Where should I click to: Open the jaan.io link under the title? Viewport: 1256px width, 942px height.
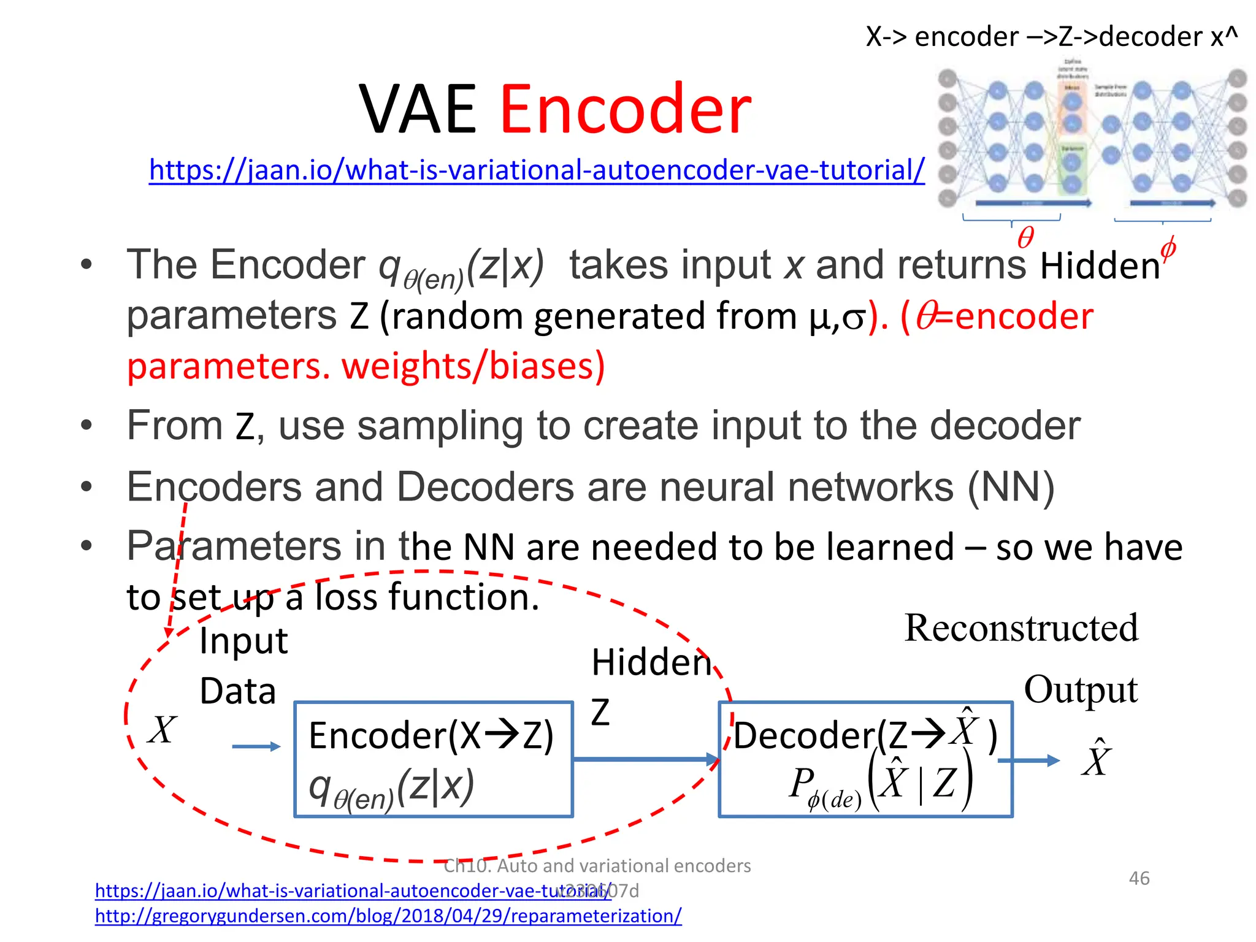pyautogui.click(x=537, y=170)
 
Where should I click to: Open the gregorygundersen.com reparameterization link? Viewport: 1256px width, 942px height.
pyautogui.click(x=388, y=916)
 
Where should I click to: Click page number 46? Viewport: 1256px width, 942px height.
pyautogui.click(x=1139, y=878)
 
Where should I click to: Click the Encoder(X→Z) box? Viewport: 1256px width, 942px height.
pyautogui.click(x=433, y=759)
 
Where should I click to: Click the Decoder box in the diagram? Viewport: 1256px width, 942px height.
pyautogui.click(x=865, y=759)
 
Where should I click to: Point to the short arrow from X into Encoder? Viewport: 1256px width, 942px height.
pyautogui.click(x=256, y=746)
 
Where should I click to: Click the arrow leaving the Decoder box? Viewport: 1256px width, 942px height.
pyautogui.click(x=1029, y=760)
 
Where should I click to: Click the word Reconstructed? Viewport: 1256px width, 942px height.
pyautogui.click(x=1021, y=628)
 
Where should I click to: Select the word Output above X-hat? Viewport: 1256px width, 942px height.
pyautogui.click(x=1081, y=690)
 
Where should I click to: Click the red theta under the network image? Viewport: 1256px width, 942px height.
pyautogui.click(x=1025, y=237)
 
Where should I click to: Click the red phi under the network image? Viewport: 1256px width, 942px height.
pyautogui.click(x=1168, y=248)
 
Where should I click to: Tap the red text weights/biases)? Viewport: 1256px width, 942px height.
pyautogui.click(x=473, y=366)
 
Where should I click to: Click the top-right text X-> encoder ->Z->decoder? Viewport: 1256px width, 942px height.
pyautogui.click(x=1051, y=37)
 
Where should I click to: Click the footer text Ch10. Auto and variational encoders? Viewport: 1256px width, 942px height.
pyautogui.click(x=597, y=865)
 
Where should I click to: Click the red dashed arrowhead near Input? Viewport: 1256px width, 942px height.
pyautogui.click(x=169, y=632)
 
